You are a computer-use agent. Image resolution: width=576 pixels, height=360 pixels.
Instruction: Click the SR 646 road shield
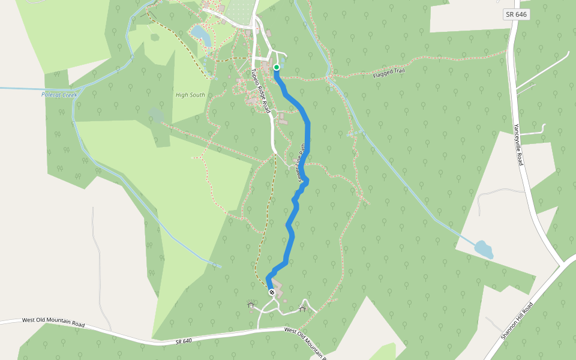click(x=516, y=14)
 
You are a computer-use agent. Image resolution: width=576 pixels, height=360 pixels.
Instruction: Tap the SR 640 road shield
click(x=184, y=341)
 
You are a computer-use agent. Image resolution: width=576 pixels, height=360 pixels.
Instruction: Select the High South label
click(x=190, y=95)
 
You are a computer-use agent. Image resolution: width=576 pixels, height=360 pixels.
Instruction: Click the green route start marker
click(x=277, y=67)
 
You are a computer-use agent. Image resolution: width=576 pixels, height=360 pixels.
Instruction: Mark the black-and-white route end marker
click(x=272, y=292)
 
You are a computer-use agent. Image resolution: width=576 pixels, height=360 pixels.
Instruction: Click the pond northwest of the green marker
click(x=200, y=35)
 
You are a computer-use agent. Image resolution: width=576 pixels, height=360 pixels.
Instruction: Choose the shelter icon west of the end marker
click(x=250, y=305)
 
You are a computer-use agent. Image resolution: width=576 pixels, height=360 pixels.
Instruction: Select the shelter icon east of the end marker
click(x=302, y=309)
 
